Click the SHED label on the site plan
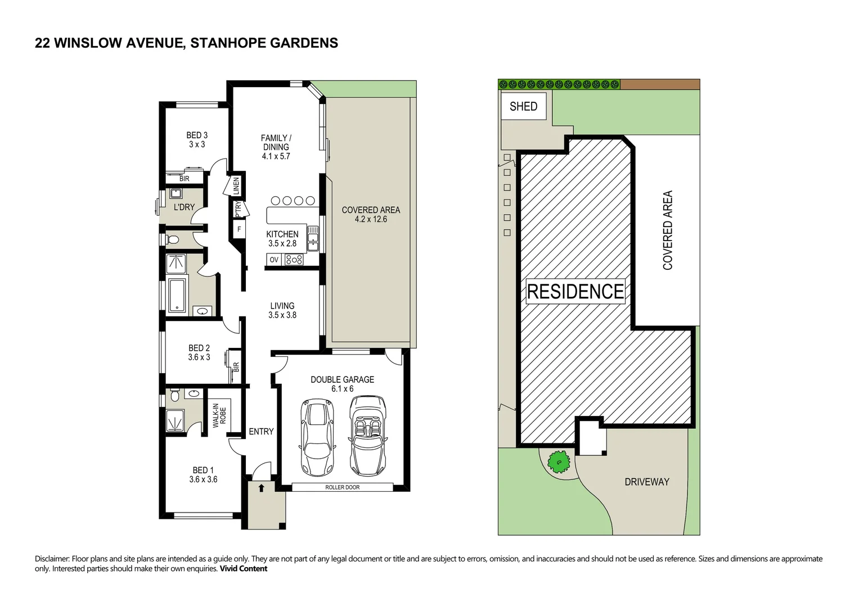point(523,106)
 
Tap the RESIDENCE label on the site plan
point(575,291)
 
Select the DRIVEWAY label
point(647,482)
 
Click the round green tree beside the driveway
point(559,462)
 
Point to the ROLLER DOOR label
point(342,487)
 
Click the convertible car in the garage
point(368,436)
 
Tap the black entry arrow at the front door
point(261,488)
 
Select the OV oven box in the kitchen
point(274,260)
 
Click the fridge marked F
point(239,229)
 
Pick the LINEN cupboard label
point(236,185)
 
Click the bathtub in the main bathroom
point(177,295)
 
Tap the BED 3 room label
point(197,135)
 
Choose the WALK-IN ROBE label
point(219,415)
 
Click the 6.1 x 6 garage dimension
point(343,389)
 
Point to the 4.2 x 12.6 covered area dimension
point(371,219)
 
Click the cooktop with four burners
point(294,260)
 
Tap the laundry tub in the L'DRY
point(177,193)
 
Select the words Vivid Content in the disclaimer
point(243,569)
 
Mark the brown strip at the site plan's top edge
point(660,84)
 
